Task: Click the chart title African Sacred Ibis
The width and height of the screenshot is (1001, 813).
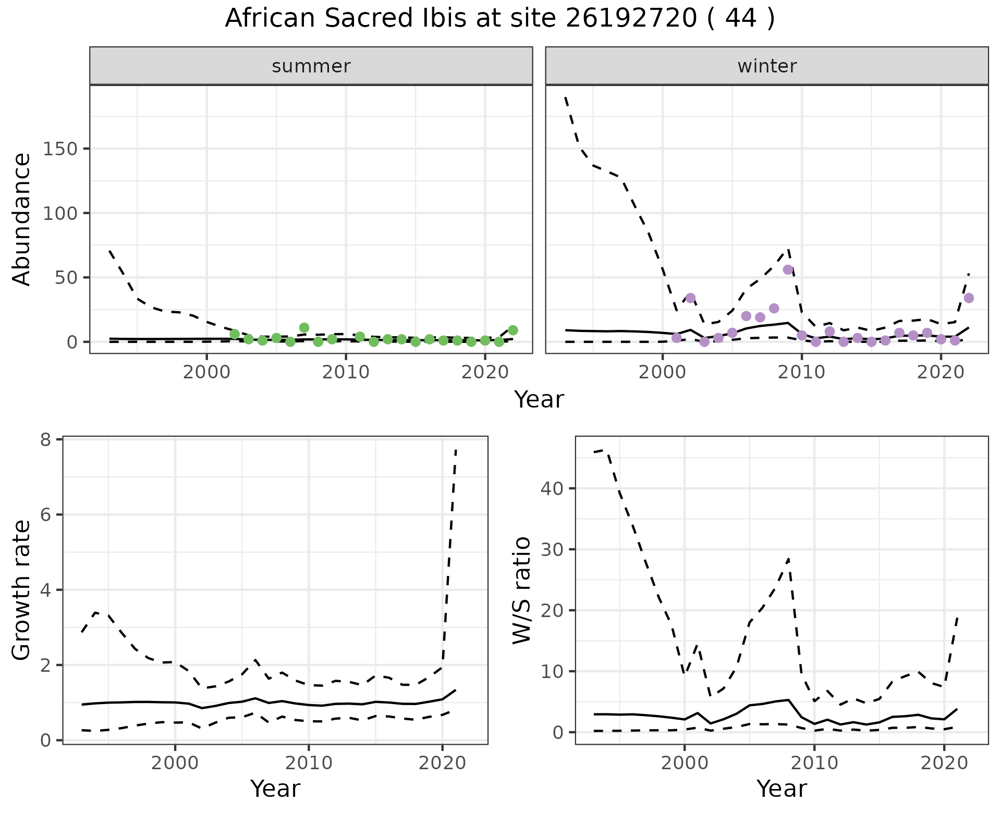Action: pos(499,19)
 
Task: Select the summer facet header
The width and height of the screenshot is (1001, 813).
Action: pos(311,66)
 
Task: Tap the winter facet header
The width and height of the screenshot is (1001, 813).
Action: pos(766,66)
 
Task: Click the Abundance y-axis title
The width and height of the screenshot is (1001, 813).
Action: pos(22,219)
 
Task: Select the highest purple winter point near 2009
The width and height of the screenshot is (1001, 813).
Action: pos(788,269)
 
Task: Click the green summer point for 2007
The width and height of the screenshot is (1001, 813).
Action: pos(304,328)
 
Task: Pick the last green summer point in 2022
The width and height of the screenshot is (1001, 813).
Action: pos(513,330)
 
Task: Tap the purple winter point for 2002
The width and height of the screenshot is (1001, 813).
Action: pos(690,298)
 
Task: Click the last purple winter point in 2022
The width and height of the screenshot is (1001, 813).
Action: pos(969,298)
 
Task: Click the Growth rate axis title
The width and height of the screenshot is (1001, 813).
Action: pos(22,590)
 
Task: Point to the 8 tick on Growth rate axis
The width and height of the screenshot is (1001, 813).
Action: pos(46,440)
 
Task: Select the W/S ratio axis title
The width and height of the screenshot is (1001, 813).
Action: pos(521,590)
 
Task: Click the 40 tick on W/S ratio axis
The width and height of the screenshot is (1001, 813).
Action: pos(551,488)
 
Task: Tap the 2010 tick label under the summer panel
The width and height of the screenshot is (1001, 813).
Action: pos(346,373)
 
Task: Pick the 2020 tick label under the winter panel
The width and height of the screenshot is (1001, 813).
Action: pos(941,373)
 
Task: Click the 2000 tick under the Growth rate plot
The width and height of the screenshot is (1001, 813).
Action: pos(175,763)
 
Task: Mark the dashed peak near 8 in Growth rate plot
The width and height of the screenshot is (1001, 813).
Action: pos(456,449)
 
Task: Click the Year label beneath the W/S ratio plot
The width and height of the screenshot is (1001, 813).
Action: pos(782,789)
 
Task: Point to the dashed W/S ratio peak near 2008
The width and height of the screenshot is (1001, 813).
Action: pos(788,559)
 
